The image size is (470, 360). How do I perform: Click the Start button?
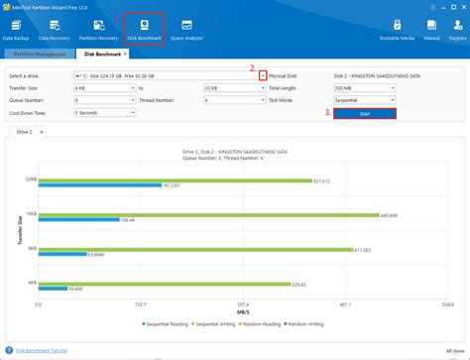pos(364,113)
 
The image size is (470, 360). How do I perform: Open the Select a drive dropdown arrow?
pos(263,74)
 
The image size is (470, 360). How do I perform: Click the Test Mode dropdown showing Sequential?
pos(364,100)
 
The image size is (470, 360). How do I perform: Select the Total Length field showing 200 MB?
pos(364,87)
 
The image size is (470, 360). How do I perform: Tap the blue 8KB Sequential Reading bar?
pos(63,254)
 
